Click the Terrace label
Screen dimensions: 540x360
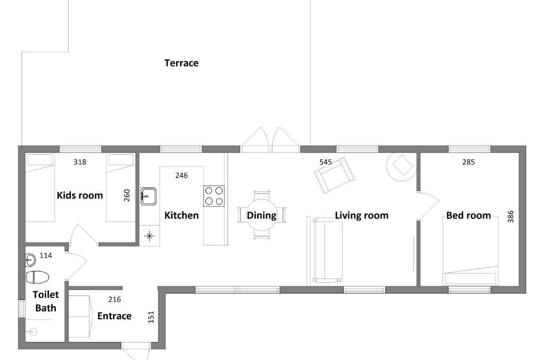point(181,63)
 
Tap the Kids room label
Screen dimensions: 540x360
point(80,195)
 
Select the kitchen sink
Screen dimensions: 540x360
point(148,196)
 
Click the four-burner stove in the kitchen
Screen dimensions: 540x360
point(214,196)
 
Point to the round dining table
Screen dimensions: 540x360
point(261,215)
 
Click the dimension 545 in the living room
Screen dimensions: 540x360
point(325,162)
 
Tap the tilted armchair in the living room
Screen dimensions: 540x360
point(334,175)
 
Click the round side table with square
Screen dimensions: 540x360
point(401,166)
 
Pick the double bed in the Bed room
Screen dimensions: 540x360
point(471,251)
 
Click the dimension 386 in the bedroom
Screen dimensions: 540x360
point(510,216)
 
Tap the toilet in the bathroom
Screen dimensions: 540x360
point(37,276)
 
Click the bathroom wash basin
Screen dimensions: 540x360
point(30,260)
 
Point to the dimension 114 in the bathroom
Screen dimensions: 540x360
point(46,255)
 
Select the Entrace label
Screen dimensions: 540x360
point(114,316)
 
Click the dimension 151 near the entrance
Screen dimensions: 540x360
point(151,317)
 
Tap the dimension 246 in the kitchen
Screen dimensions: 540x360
point(181,175)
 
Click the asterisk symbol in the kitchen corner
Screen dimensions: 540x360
point(149,236)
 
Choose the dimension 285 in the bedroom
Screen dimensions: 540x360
point(468,162)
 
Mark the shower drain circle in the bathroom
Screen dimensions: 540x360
point(33,332)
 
